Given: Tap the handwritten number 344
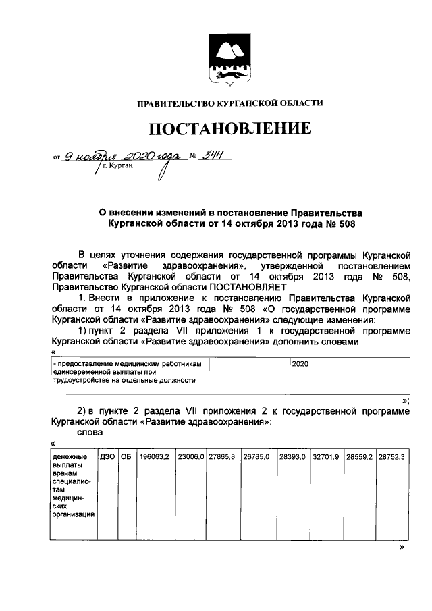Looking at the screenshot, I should click(214, 156).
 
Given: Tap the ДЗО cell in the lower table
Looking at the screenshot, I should click(107, 457).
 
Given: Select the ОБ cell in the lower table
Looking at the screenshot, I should click(126, 457).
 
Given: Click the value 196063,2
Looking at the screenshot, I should click(155, 457).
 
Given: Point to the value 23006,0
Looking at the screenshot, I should click(190, 457).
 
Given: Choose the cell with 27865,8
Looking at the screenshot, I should click(221, 457).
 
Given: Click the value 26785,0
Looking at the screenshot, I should click(256, 457).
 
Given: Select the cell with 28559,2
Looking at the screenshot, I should click(359, 457).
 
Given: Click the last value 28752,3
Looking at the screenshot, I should click(391, 457).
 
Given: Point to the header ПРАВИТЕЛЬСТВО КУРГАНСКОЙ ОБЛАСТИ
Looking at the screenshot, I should click(230, 103).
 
